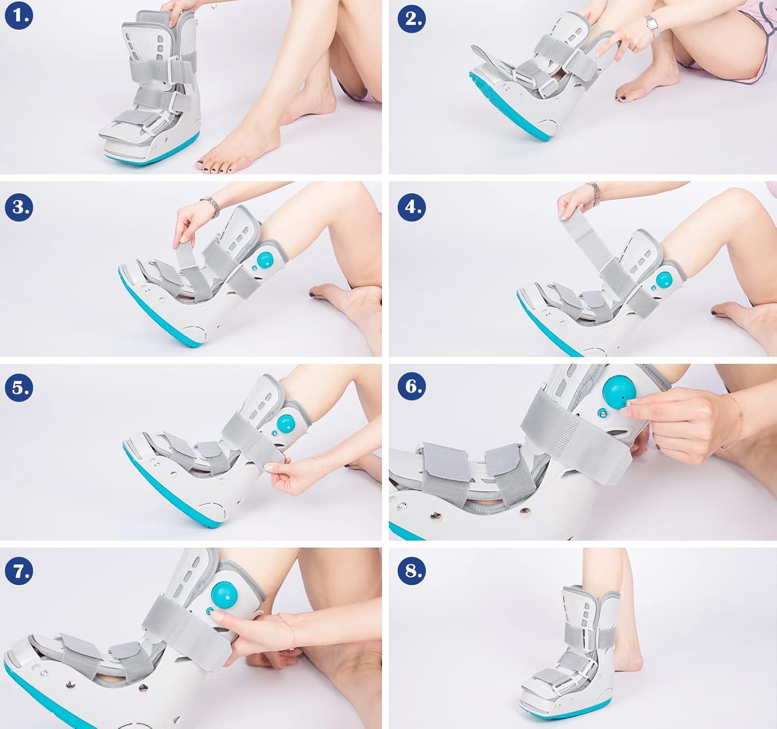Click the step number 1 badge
coord(19,16)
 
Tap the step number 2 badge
coord(412,18)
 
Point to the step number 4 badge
coord(412,206)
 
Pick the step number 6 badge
coord(412,386)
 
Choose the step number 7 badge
coord(19,571)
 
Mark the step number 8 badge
coord(412,571)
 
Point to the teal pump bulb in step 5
coord(286,424)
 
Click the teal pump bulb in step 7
coord(224,596)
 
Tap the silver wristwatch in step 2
coord(651,26)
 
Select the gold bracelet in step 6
coord(733,422)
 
